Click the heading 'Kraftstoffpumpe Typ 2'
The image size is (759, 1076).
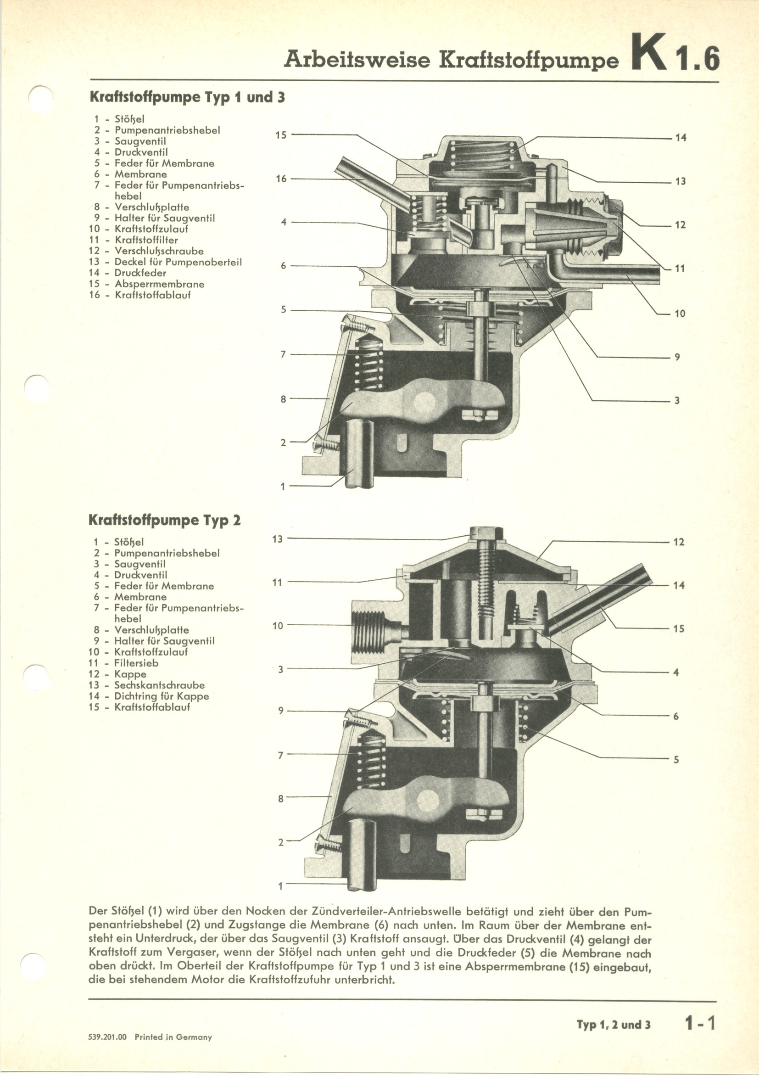(164, 520)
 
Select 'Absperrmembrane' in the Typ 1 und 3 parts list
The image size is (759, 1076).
(159, 284)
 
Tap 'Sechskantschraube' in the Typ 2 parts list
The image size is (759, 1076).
(159, 685)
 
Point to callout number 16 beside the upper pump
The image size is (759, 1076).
(281, 179)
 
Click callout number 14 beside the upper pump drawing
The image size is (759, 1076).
(680, 138)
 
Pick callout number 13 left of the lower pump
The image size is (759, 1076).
(277, 539)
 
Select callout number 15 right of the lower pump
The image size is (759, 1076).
(678, 629)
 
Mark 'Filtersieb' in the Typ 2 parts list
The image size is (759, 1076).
(136, 663)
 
